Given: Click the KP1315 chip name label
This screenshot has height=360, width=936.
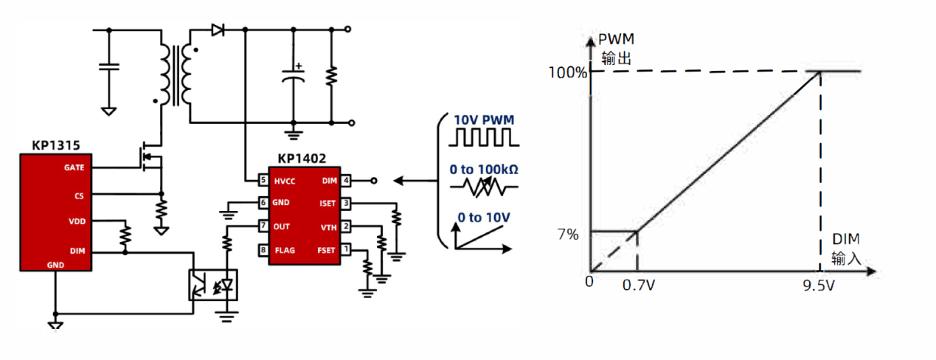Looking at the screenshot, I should click(55, 145).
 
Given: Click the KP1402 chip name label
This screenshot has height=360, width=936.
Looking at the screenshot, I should click(302, 159).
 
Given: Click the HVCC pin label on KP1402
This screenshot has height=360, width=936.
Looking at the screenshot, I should click(284, 180).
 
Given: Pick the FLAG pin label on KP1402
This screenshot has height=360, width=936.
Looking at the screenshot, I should click(284, 250).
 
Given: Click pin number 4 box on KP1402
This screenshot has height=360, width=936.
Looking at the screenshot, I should click(345, 180).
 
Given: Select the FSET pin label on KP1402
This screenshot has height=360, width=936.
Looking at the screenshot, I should click(327, 250).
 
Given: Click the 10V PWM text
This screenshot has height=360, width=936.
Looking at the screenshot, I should click(484, 120).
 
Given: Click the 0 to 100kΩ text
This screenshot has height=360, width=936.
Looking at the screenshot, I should click(484, 169).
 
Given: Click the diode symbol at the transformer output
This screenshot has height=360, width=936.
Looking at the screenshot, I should click(218, 30).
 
